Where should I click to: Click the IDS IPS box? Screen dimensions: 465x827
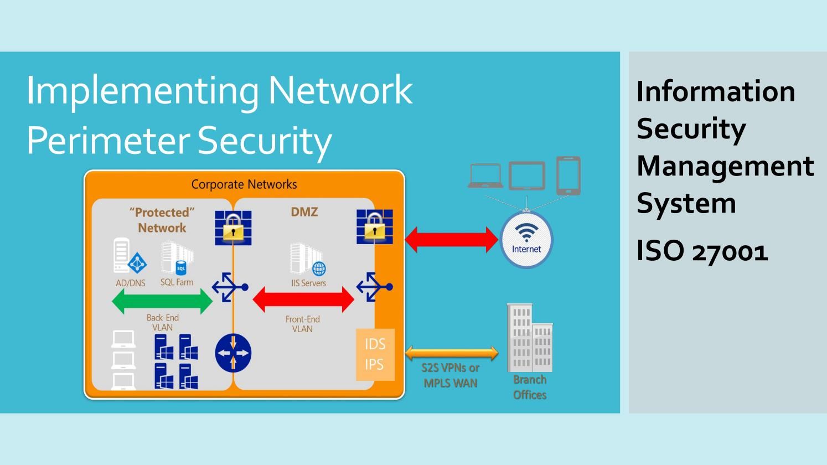coord(375,354)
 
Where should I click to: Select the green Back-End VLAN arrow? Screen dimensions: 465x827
coord(162,302)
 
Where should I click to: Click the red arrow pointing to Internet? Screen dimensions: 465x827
coord(451,239)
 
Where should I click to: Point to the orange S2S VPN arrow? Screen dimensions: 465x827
coord(452,353)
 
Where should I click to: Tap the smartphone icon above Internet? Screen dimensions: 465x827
coord(568,175)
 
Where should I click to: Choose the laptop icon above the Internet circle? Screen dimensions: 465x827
coord(485,176)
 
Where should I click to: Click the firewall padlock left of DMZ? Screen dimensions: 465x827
coord(233,228)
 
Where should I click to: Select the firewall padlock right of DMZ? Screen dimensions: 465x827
coord(375,226)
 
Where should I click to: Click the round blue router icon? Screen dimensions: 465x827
coord(233,353)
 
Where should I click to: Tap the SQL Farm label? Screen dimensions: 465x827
coord(177,282)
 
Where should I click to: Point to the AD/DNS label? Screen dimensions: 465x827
coord(130,283)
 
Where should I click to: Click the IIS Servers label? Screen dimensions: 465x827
coord(309,283)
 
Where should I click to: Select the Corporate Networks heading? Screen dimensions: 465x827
coord(244,184)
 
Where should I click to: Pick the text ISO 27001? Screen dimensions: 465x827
coord(702,251)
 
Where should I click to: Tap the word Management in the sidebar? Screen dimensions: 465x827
coord(725,166)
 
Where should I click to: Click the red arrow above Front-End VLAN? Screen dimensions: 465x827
coord(303,299)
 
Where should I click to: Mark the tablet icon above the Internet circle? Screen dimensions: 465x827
coord(526,176)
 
